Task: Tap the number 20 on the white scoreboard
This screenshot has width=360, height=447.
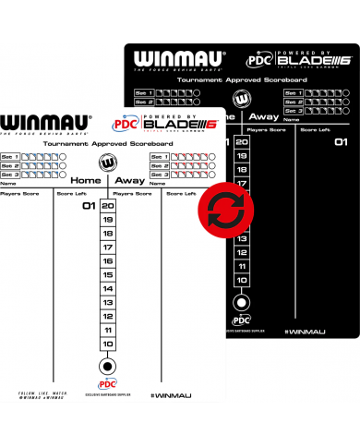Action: coord(108,206)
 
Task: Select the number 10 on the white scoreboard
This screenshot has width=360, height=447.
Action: coord(108,344)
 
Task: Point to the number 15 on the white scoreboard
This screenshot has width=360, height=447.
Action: coord(108,274)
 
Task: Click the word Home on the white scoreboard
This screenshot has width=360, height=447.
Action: coord(86,180)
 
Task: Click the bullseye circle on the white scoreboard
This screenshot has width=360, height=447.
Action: coord(108,366)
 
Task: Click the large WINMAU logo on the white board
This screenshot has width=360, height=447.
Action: coord(47,123)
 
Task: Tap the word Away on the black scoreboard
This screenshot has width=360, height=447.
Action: coord(264,116)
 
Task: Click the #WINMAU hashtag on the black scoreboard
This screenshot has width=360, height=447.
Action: coord(306,330)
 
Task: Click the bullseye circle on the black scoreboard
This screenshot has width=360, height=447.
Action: coord(242,301)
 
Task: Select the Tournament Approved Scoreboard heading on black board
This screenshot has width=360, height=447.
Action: coord(242,79)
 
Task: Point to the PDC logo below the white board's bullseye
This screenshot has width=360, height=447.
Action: coord(108,384)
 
